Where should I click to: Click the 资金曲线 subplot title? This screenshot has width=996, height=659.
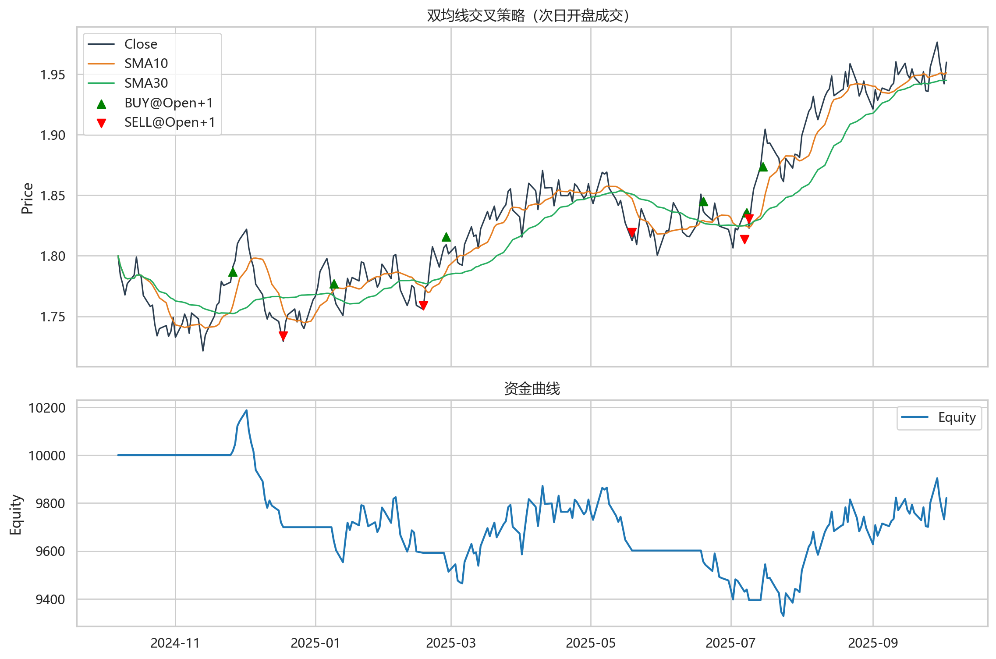coord(532,388)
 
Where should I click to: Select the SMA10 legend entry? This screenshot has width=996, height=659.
coord(146,64)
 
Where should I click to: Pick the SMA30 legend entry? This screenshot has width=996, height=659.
coord(146,83)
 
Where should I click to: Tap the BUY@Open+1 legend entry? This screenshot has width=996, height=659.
coord(168,103)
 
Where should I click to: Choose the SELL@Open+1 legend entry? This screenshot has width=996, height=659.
coord(170,122)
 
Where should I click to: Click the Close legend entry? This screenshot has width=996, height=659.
coord(141,44)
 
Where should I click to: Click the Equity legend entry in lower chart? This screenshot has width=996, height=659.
coord(957,417)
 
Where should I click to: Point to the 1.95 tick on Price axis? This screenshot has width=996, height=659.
coord(53,75)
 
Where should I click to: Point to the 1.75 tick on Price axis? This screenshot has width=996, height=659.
coord(53,317)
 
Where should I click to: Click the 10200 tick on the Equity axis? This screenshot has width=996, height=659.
coord(47,408)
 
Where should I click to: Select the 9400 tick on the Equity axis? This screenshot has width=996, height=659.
coord(50,599)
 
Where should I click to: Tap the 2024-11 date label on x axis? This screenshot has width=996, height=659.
coord(175,643)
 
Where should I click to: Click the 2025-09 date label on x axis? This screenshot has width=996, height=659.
coord(872,643)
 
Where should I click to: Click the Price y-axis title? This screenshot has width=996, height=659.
coord(27,198)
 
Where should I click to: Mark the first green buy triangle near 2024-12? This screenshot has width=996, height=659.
coord(233,272)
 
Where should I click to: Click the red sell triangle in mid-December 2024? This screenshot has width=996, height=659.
coord(283,336)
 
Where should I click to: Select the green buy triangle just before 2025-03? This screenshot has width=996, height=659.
coord(446,237)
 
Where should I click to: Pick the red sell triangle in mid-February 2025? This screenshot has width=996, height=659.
coord(423,305)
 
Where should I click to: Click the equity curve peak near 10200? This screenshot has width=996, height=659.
coord(247,410)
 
